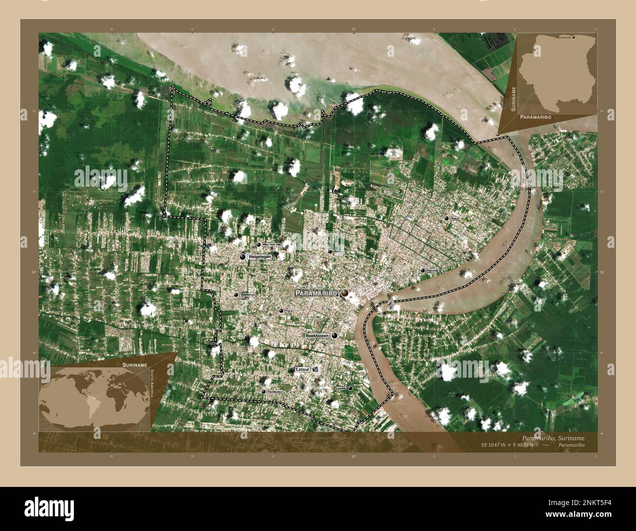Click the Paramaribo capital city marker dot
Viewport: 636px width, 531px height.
click(x=345, y=292)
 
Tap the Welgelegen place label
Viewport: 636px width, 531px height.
click(x=259, y=256)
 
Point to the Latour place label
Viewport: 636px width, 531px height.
click(x=303, y=370)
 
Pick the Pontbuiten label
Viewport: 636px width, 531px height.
click(x=275, y=392)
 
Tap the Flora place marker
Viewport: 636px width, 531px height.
click(x=281, y=311)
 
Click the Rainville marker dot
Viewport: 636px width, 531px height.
click(x=423, y=270)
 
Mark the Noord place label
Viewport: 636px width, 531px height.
click(x=455, y=218)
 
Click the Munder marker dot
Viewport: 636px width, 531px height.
click(x=330, y=251)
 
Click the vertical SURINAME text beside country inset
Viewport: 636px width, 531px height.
click(x=514, y=98)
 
